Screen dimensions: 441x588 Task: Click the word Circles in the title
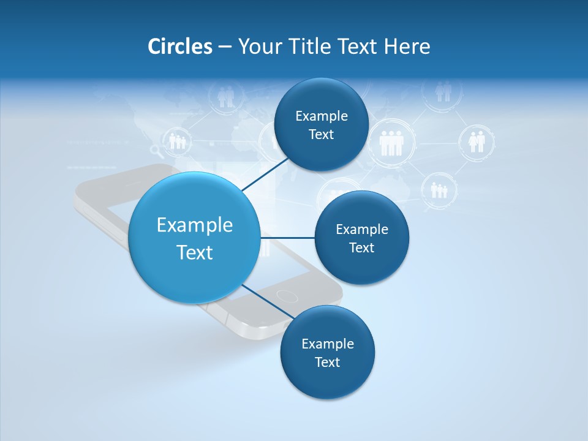pos(179,47)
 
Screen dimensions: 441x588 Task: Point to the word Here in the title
pos(407,47)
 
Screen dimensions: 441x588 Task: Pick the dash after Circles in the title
pos(225,47)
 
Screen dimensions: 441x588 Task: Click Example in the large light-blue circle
pos(195,225)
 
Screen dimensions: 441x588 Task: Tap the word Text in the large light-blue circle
pos(195,252)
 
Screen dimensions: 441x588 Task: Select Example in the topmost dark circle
pos(322,116)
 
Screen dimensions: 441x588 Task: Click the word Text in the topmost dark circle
pos(322,135)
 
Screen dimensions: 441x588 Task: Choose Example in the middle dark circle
pos(362,230)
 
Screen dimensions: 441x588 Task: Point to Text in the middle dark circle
pos(362,248)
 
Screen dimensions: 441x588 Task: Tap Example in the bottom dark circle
pos(328,344)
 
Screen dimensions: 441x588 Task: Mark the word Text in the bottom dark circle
pos(328,363)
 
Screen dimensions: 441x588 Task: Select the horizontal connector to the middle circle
pos(287,237)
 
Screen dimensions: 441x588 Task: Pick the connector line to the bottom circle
pos(267,301)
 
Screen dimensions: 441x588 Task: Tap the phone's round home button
pos(286,296)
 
